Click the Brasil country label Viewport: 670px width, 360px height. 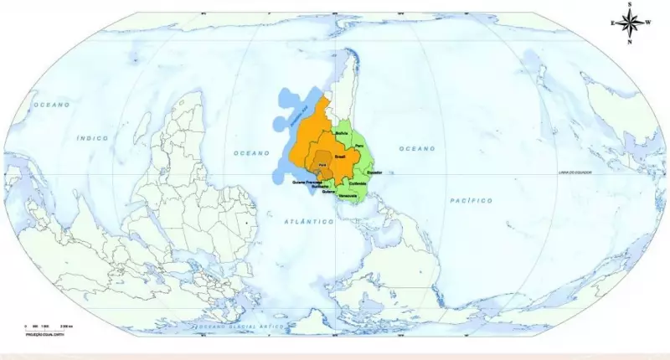(341, 157)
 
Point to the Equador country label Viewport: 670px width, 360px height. (375, 172)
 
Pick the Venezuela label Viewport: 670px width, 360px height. (348, 196)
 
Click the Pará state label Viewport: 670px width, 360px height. (322, 165)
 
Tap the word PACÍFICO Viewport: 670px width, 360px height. (470, 201)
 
